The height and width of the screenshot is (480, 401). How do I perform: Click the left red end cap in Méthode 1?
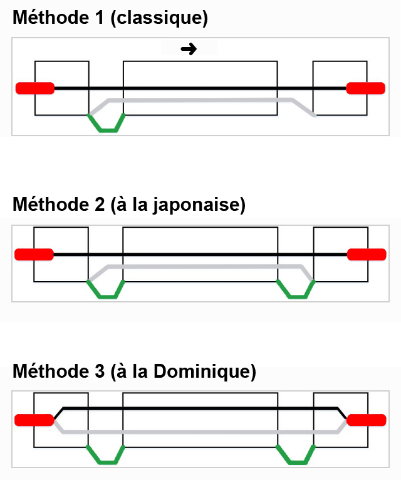35,88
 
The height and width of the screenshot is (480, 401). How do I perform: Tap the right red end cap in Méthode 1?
366,88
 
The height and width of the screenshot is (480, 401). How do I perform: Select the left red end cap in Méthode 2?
34,254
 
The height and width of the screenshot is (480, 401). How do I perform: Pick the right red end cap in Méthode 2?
366,254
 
